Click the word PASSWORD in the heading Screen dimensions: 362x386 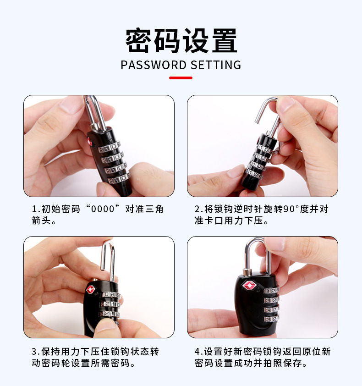click(x=154, y=65)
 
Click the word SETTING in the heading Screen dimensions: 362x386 click(x=216, y=65)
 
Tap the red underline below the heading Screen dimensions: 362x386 click(x=181, y=78)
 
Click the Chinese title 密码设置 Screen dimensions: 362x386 click(x=181, y=40)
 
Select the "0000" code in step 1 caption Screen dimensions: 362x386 click(x=103, y=209)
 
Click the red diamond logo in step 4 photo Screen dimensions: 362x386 click(x=250, y=286)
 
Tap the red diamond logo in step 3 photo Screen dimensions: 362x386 click(x=90, y=290)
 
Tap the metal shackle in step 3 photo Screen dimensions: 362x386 click(x=108, y=261)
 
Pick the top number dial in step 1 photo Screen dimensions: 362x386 click(x=109, y=148)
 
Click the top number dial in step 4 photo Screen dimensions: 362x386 click(x=271, y=291)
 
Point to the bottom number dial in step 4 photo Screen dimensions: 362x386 click(x=271, y=319)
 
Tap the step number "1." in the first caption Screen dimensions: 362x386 click(x=36, y=209)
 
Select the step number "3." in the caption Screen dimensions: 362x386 click(x=36, y=352)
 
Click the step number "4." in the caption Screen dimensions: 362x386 click(x=199, y=352)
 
